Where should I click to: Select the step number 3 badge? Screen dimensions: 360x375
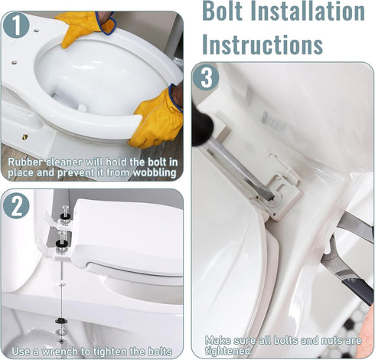[x=206, y=78]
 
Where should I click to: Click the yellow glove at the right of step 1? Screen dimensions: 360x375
[x=156, y=119]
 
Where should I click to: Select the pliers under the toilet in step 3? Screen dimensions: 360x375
[x=348, y=260]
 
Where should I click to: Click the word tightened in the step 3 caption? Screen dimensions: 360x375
[x=227, y=351]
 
